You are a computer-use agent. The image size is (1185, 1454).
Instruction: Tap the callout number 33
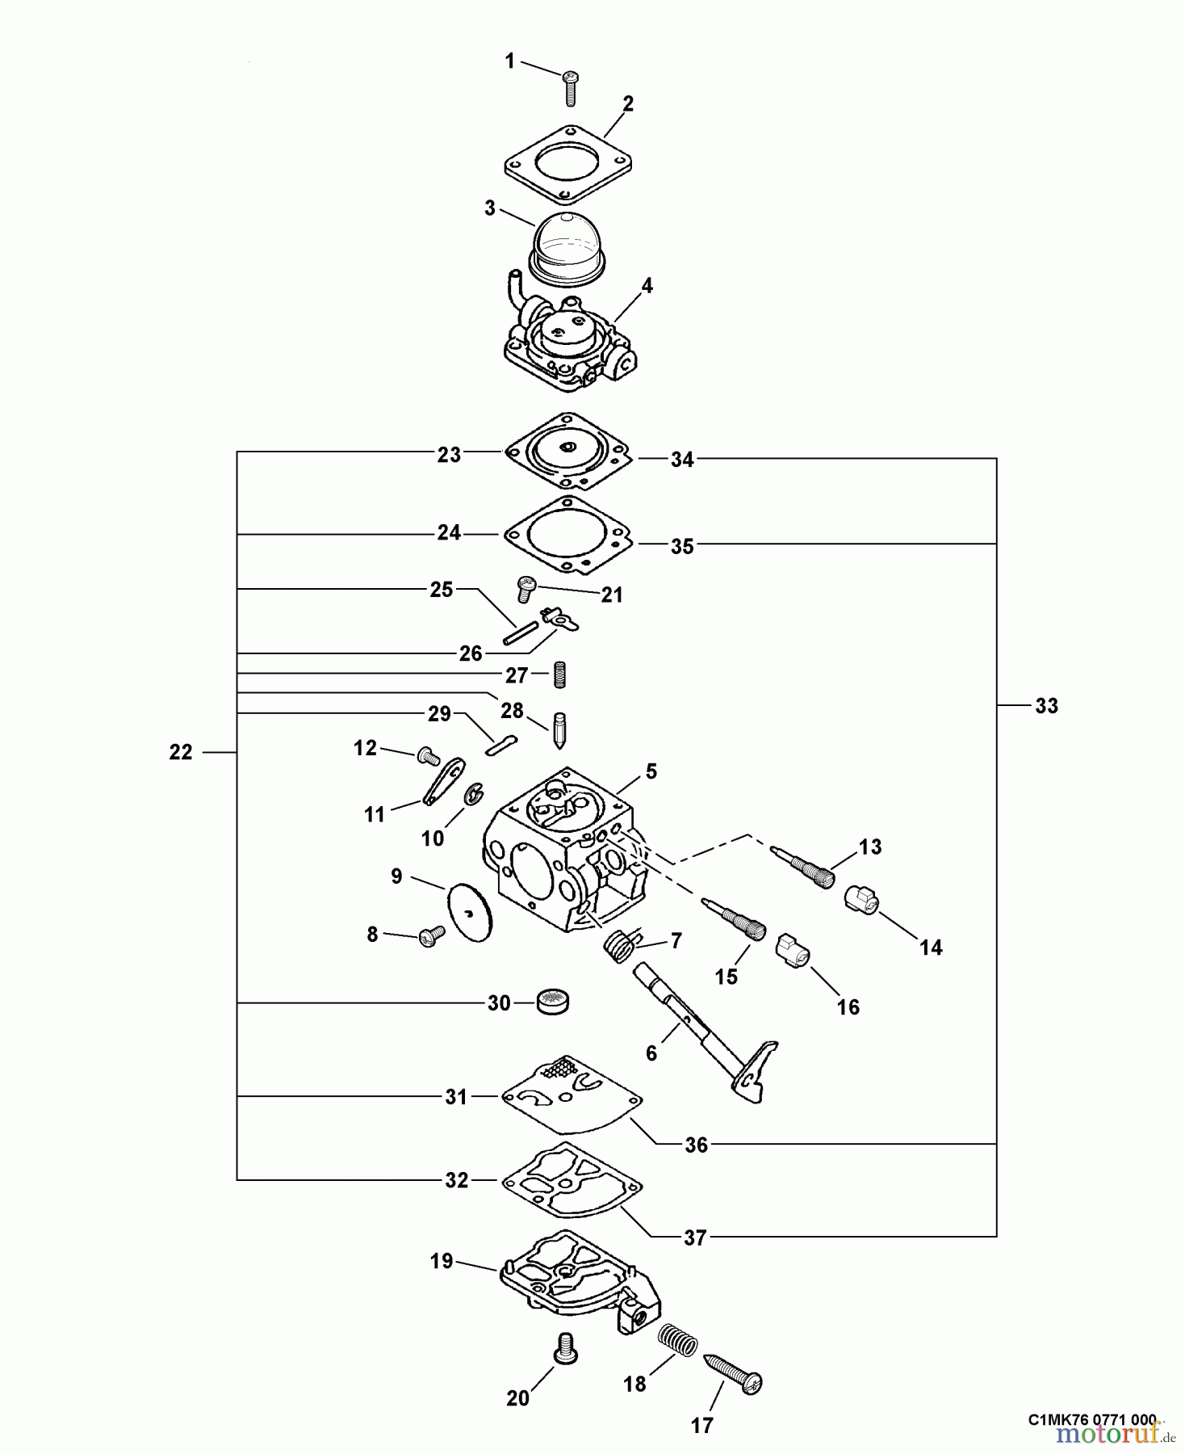coord(1046,706)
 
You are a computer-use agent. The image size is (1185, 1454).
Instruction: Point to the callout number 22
coord(181,752)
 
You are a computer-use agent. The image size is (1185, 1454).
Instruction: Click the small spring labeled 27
coord(559,674)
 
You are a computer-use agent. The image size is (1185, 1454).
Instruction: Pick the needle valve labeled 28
coord(559,729)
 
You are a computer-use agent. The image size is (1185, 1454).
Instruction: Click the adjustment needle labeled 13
coord(805,866)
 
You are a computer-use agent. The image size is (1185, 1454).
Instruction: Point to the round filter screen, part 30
coord(554,1002)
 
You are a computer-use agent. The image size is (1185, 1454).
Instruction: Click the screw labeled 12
coord(428,757)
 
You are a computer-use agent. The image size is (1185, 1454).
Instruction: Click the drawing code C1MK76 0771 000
coord(1092,1419)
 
